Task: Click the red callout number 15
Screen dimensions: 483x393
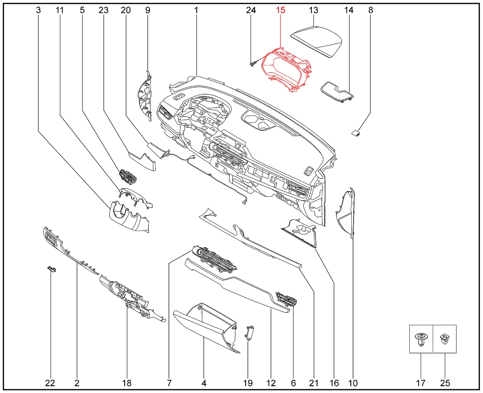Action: click(280, 10)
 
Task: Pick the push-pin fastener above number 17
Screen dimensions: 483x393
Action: click(421, 339)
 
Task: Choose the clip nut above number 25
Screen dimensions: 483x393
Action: click(445, 338)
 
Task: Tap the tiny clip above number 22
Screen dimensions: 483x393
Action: click(51, 269)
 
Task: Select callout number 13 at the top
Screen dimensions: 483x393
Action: click(314, 10)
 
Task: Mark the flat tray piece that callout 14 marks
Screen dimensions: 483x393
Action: click(337, 92)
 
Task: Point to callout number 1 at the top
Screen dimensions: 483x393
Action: click(196, 10)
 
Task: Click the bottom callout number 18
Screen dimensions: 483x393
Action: click(127, 383)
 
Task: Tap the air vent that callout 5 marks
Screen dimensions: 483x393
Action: click(128, 177)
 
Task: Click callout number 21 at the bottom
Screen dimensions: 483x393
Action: click(314, 383)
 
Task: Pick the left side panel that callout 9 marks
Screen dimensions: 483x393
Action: click(145, 95)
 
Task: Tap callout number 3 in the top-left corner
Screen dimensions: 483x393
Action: click(38, 10)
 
